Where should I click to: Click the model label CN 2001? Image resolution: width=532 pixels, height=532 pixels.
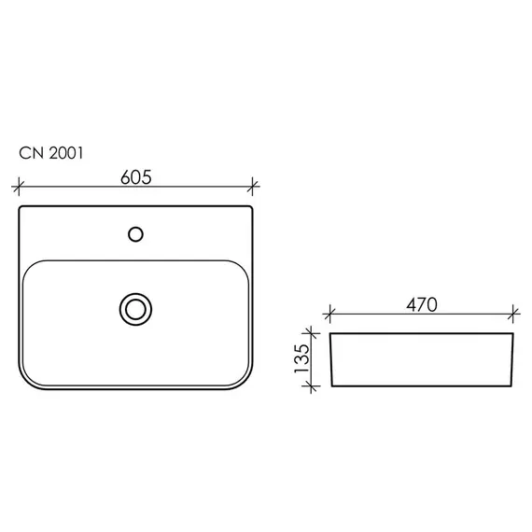[x=51, y=153]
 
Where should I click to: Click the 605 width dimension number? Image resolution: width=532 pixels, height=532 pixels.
[x=135, y=177]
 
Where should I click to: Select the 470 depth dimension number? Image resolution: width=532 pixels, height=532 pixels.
[x=422, y=304]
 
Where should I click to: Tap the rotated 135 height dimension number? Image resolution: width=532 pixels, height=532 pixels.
[x=302, y=358]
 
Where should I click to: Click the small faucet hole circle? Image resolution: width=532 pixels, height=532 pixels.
[x=135, y=234]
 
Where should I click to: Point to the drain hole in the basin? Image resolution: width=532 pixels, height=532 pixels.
[x=135, y=310]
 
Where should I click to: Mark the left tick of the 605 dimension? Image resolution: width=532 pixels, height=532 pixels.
[x=19, y=187]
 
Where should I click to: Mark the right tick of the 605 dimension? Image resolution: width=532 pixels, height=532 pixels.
[x=252, y=187]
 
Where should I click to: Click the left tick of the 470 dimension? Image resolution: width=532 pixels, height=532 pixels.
[x=329, y=314]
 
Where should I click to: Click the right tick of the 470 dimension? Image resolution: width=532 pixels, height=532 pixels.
[x=513, y=314]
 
